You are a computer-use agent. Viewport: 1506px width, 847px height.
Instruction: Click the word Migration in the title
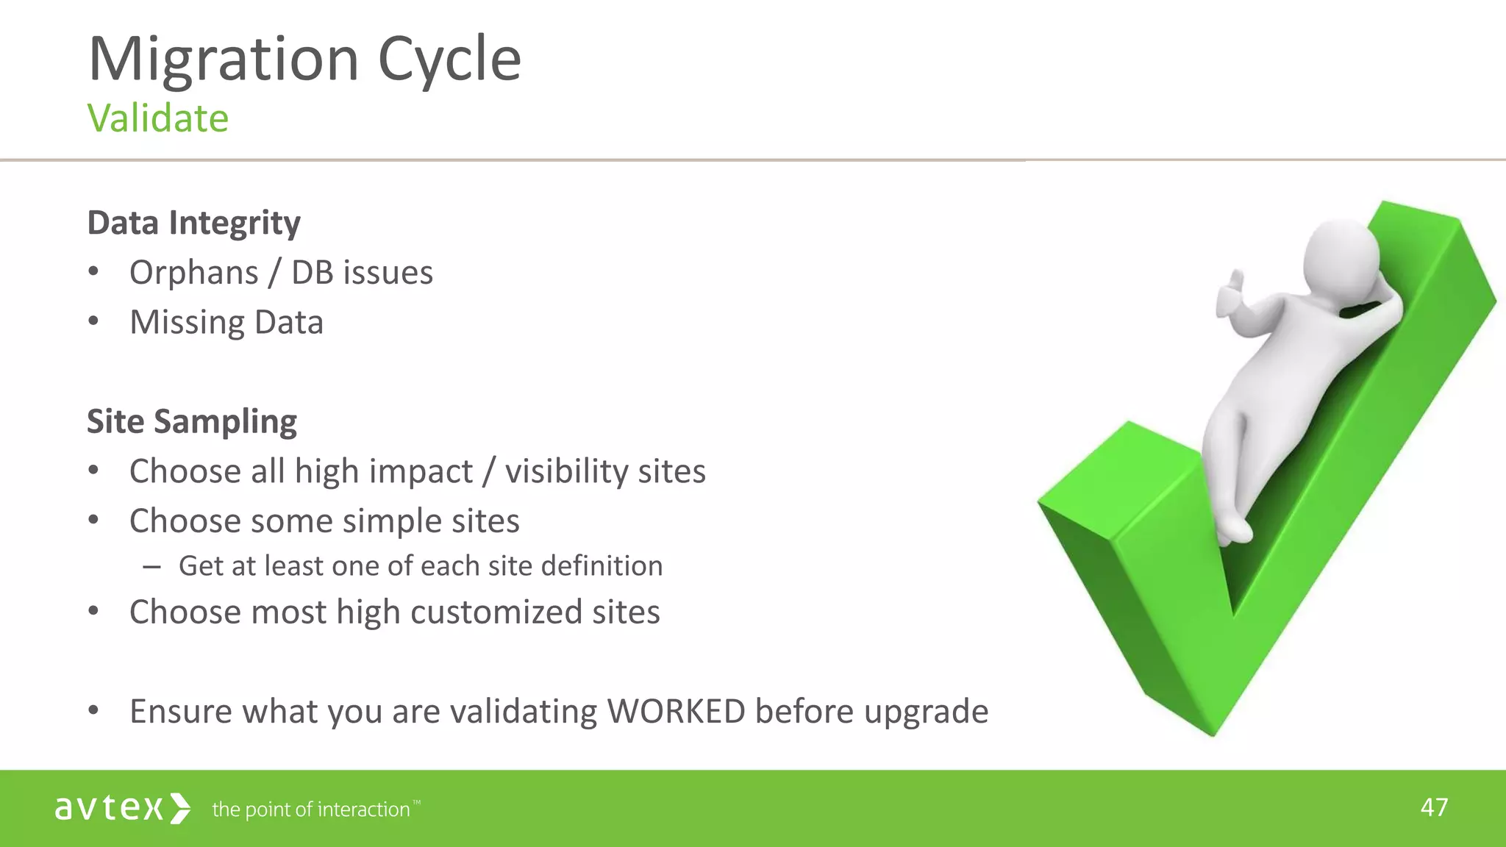point(224,60)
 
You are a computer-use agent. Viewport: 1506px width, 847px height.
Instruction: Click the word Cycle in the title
point(449,60)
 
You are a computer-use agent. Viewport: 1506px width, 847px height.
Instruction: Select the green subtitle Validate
point(158,118)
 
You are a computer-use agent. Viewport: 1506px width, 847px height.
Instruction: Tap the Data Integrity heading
point(193,223)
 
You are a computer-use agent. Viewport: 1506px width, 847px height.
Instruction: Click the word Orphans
point(194,273)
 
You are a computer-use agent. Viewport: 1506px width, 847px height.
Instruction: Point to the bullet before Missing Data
point(93,322)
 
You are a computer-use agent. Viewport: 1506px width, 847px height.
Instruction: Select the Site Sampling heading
point(192,421)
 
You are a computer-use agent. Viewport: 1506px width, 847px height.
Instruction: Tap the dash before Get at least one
point(152,566)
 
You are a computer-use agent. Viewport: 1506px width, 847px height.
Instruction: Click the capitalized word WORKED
point(676,711)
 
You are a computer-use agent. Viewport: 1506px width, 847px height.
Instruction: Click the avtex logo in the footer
point(122,808)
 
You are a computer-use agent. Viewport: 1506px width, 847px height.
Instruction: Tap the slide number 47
point(1434,808)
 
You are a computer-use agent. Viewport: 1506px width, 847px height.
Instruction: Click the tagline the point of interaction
point(311,810)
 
